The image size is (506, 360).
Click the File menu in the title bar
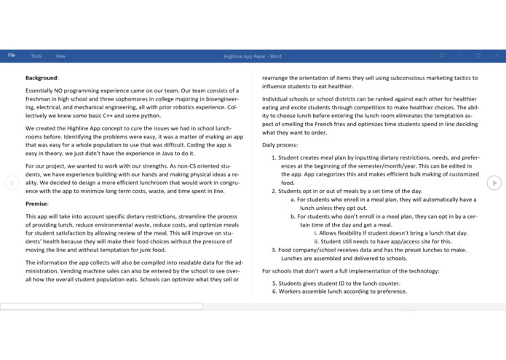coord(12,55)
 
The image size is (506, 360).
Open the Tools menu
coord(36,55)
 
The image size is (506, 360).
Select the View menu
coord(60,55)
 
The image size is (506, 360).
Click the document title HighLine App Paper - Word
coord(253,56)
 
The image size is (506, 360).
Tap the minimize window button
coord(460,55)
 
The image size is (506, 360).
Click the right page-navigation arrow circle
coord(494,183)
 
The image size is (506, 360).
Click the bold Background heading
coord(41,77)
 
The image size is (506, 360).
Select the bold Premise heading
coord(36,204)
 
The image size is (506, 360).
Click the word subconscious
coord(396,78)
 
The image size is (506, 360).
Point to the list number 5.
coord(274,283)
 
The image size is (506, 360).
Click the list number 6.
coord(274,291)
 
